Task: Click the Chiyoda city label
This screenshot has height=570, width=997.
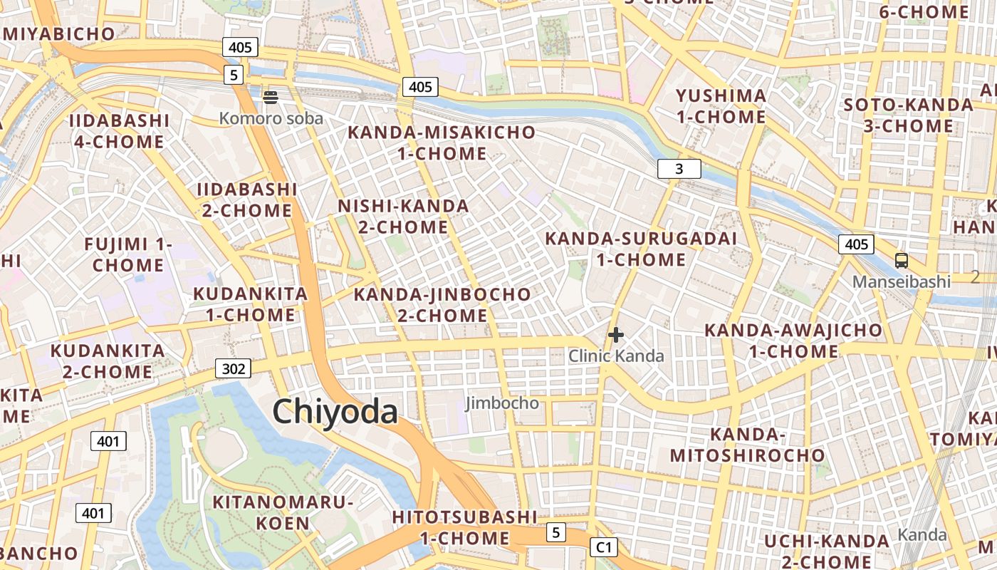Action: [335, 412]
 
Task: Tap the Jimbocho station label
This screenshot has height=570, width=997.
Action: [502, 403]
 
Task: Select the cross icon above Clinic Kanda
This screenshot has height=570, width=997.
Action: [616, 334]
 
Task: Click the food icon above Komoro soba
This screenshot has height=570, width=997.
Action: [271, 98]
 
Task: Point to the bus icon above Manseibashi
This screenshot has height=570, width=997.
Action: [902, 261]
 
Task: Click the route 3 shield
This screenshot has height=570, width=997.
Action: [679, 169]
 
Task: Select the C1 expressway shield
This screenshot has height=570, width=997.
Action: [603, 547]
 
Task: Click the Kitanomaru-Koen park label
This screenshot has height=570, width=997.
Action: [283, 512]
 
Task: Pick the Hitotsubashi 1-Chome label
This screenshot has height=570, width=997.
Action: [464, 527]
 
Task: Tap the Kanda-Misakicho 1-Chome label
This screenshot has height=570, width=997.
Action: [442, 142]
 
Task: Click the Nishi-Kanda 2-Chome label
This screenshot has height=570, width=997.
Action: [403, 217]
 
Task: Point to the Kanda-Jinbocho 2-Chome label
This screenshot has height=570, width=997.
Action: [442, 304]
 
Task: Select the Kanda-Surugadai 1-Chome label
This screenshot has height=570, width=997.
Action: [641, 249]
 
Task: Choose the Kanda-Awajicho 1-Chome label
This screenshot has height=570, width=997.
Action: [793, 341]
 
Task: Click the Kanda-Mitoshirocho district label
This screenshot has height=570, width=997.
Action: [747, 445]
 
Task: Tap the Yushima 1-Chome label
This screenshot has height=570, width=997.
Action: [721, 106]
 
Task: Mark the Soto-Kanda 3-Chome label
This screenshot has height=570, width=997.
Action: [908, 115]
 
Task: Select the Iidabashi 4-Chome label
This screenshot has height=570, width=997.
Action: [120, 130]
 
